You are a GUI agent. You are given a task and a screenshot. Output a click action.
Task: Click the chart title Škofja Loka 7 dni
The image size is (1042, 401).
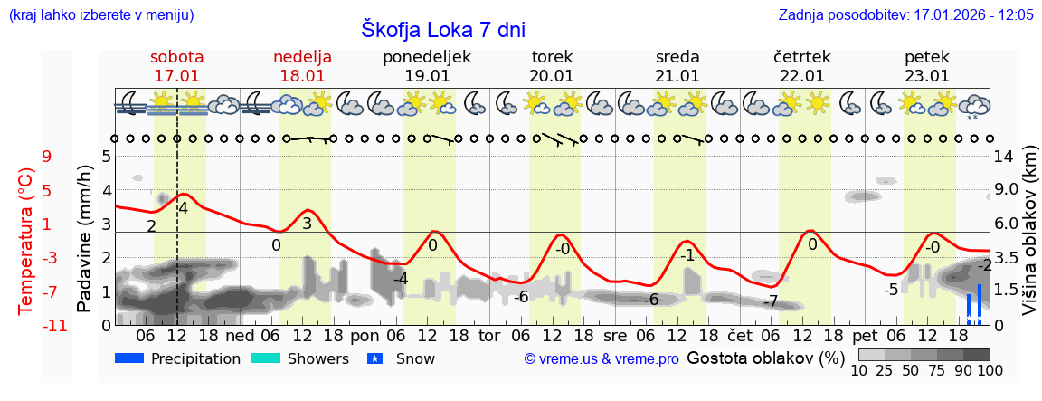tap(442, 29)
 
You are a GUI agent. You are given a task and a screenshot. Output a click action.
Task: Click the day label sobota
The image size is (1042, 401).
tap(176, 57)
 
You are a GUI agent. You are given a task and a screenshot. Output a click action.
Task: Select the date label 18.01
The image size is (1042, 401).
tap(302, 76)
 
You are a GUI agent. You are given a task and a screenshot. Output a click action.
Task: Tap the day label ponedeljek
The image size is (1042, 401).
tap(427, 57)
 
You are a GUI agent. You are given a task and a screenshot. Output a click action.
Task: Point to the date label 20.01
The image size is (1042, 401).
tap(552, 76)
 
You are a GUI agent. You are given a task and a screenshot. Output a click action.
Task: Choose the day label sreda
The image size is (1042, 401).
tap(677, 57)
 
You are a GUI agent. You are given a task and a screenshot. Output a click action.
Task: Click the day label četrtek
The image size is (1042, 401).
tap(802, 57)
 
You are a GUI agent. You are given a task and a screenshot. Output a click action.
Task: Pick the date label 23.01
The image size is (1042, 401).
tap(927, 76)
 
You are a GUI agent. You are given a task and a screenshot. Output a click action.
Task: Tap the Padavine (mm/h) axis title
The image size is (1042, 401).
tap(85, 239)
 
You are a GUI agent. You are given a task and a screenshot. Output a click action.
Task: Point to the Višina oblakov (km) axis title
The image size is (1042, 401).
tap(1029, 240)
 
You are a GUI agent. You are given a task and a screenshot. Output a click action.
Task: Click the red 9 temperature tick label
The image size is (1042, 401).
tap(47, 157)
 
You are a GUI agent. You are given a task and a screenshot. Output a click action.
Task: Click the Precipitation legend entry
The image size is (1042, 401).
tap(178, 358)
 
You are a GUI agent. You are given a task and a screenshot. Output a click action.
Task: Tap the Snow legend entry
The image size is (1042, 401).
tap(402, 358)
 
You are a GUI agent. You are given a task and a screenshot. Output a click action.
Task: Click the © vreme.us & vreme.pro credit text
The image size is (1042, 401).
tap(602, 358)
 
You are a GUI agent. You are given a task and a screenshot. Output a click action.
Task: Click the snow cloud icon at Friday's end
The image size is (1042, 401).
tap(974, 104)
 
